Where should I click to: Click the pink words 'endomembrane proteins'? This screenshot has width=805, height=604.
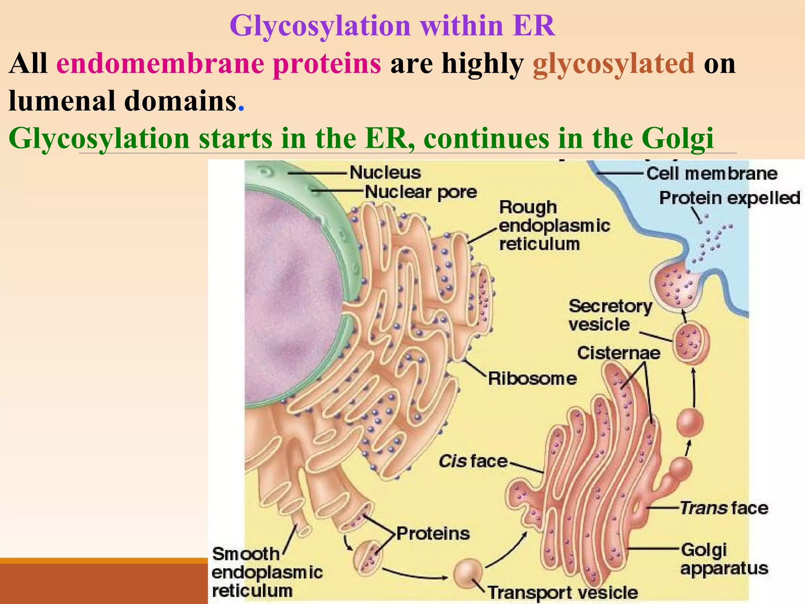point(219,64)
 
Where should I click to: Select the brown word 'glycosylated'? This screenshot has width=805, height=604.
point(614,64)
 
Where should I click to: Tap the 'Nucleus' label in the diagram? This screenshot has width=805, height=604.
point(385,173)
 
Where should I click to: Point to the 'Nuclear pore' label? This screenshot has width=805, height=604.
point(421,192)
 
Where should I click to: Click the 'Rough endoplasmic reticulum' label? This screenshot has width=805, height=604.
point(554,226)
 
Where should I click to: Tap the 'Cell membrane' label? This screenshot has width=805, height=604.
point(712,173)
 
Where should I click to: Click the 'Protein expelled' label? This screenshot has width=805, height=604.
point(730,198)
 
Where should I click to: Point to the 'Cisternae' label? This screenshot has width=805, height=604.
point(619,353)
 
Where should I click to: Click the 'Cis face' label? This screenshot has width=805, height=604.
point(473,461)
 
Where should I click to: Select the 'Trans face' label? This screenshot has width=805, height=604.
point(724,508)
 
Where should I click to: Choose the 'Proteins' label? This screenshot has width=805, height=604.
point(433,534)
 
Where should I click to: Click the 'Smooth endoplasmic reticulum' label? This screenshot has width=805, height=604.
point(266,573)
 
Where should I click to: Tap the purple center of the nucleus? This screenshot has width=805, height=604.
point(291,299)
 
